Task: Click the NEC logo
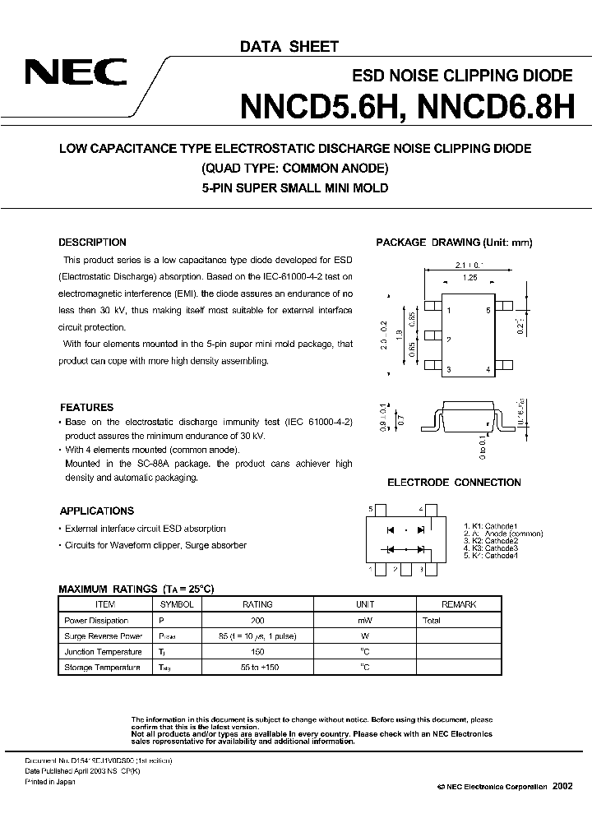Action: click(x=75, y=74)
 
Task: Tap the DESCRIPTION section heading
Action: click(x=92, y=243)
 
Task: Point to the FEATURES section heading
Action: click(x=86, y=407)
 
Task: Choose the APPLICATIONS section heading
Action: click(x=96, y=511)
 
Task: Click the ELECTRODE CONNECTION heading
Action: click(x=454, y=483)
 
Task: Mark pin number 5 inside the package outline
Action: click(x=488, y=311)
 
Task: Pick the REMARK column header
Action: click(x=458, y=604)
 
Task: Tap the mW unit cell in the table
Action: click(x=363, y=621)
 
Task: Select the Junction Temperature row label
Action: click(x=102, y=652)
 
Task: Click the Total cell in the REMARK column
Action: click(x=432, y=621)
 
